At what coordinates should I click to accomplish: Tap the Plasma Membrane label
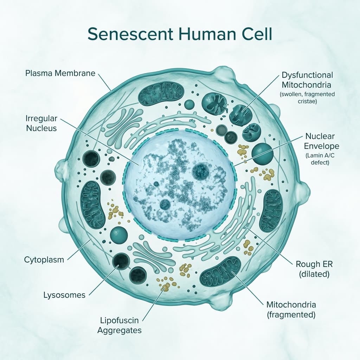pos(60,73)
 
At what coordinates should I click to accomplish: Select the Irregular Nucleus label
pos(41,123)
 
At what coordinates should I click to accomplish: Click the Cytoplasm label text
pos(44,260)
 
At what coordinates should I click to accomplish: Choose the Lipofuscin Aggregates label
pos(120,326)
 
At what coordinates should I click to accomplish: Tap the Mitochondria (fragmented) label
pos(291,309)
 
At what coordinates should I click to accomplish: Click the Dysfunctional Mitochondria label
pos(307,80)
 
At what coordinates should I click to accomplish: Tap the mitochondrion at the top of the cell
pos(161,94)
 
